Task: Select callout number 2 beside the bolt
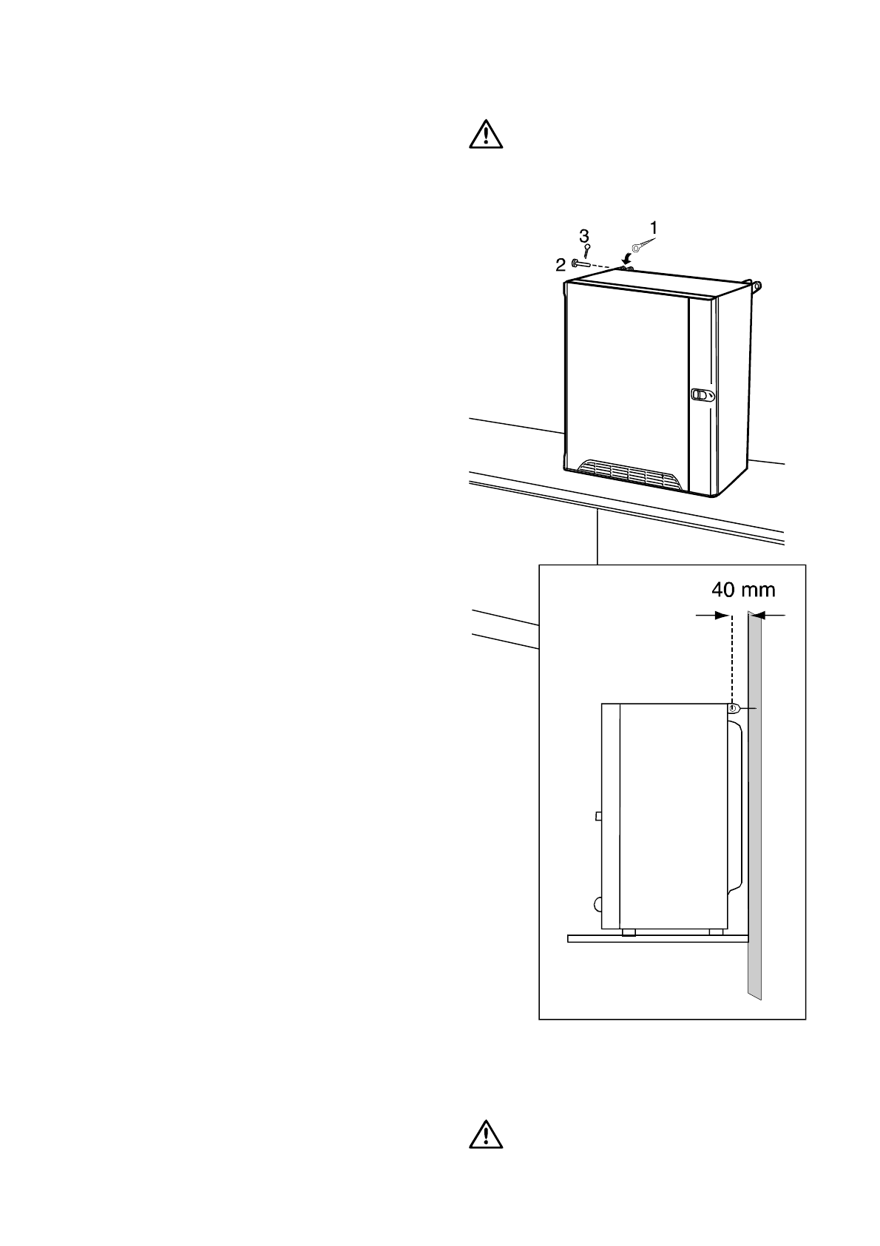point(561,264)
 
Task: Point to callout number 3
point(584,235)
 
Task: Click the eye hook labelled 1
point(638,248)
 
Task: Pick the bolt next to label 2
point(581,263)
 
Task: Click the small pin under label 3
point(586,251)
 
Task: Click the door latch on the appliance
point(700,395)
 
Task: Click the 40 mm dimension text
point(743,590)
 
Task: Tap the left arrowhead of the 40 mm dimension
point(720,615)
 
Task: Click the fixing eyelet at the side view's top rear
point(733,709)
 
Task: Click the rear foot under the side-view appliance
point(715,932)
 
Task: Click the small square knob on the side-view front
point(598,815)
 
